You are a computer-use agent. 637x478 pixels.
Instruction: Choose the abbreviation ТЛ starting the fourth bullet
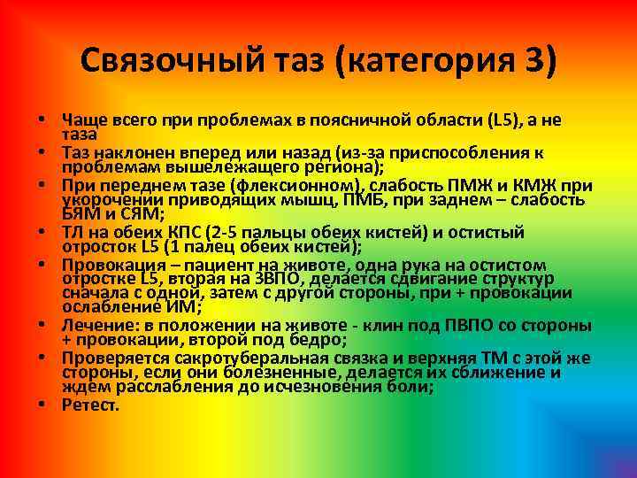(73, 233)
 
